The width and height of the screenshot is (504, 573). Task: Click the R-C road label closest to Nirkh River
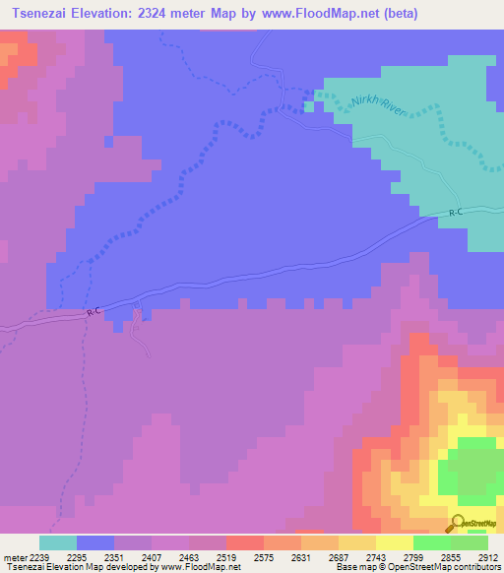456,212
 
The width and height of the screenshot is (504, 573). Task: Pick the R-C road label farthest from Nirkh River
94,312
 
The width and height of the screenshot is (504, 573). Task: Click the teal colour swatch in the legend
58,542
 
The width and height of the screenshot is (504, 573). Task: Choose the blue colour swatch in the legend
95,542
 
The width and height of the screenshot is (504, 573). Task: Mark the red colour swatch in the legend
244,542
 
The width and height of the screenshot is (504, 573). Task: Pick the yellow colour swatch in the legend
394,542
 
